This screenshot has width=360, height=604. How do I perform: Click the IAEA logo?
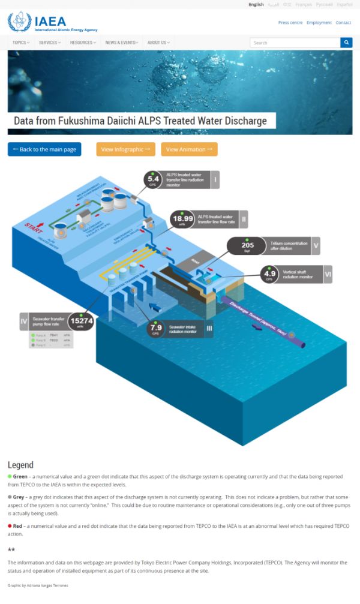pos(53,22)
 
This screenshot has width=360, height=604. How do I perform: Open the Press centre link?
pos(290,23)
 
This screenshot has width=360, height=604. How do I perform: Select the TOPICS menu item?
pos(21,43)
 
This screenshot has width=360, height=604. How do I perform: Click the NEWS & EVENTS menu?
pos(122,43)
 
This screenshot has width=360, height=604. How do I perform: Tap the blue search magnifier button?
pos(346,43)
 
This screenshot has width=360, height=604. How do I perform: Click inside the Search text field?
pos(294,43)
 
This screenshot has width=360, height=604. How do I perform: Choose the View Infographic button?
pos(125,149)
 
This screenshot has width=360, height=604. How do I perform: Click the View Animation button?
pos(189,149)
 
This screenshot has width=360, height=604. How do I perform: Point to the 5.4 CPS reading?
pos(153,179)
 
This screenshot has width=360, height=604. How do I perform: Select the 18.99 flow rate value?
pos(182,219)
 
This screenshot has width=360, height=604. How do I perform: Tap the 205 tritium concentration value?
pos(247,245)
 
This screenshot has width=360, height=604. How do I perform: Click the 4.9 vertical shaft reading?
pos(270,275)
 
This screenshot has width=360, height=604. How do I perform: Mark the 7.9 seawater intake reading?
pos(156,328)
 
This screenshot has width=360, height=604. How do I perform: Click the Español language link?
pos(344,4)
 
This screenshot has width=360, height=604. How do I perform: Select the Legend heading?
pos(20,465)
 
